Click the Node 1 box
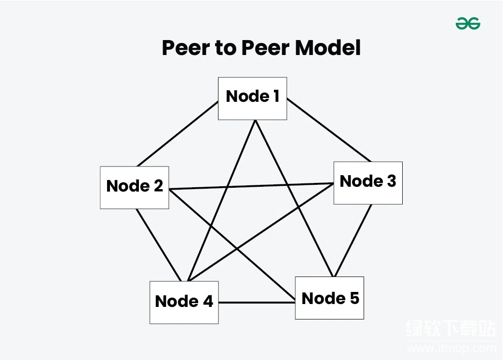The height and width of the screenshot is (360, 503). click(x=252, y=98)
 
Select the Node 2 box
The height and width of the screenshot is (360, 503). click(x=135, y=187)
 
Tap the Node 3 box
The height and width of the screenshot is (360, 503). click(x=368, y=182)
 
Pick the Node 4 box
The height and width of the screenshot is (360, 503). click(x=184, y=302)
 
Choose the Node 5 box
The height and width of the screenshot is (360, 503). click(x=329, y=298)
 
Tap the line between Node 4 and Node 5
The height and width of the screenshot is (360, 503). click(x=257, y=303)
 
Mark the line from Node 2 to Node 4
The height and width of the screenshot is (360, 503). click(x=159, y=245)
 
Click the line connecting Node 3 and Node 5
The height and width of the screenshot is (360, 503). click(x=353, y=240)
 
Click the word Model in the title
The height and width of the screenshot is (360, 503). click(x=328, y=48)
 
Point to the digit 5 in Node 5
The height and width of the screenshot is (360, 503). click(x=354, y=298)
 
